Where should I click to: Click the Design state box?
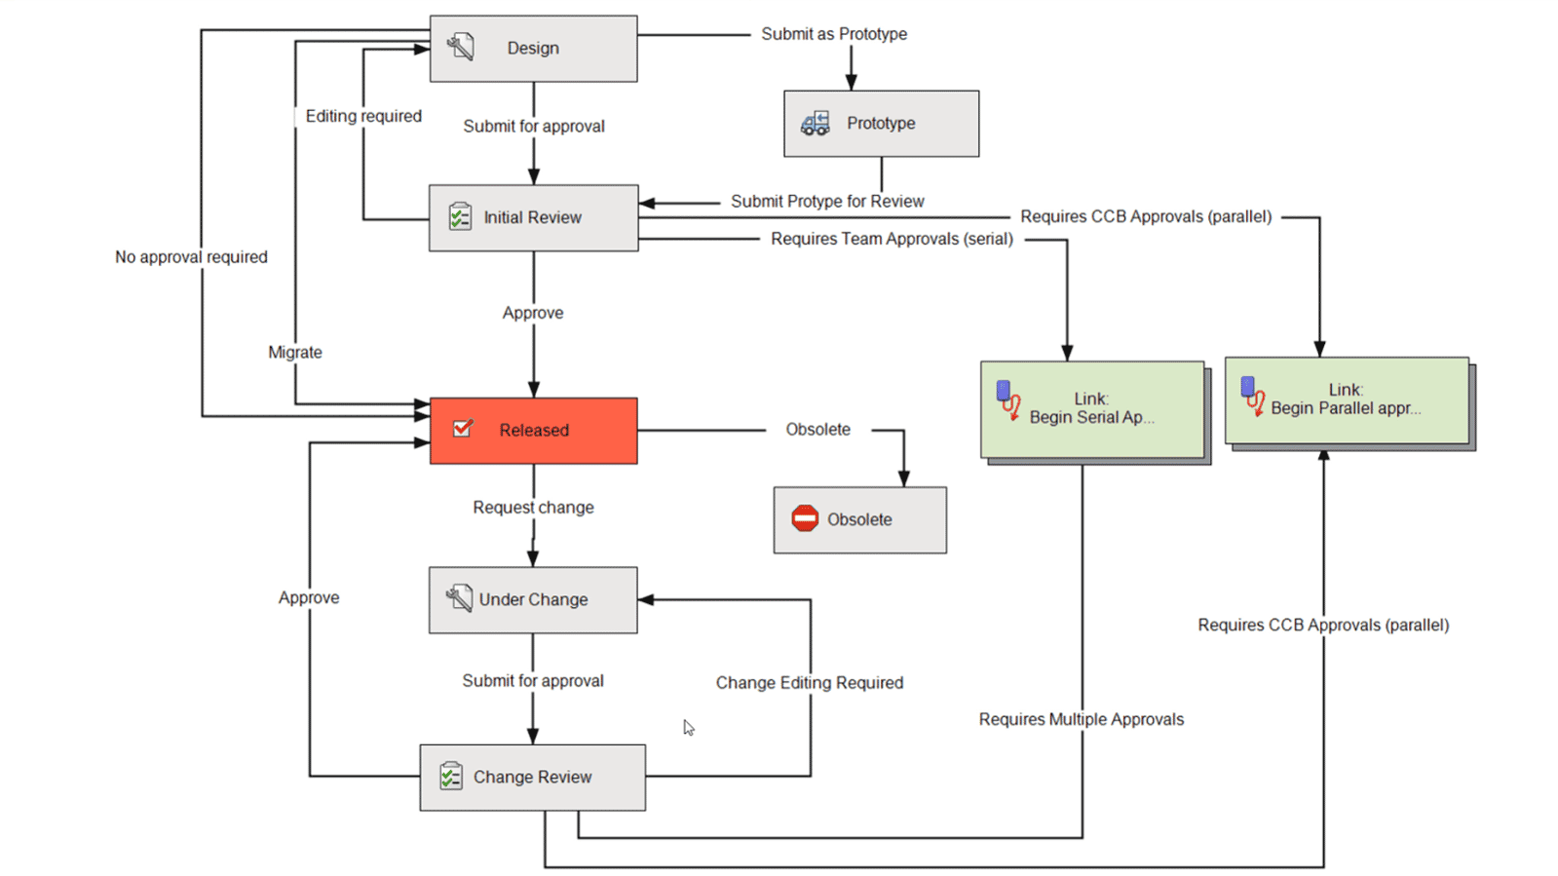pos(533,49)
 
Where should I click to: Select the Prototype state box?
pos(881,124)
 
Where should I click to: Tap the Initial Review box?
pos(533,218)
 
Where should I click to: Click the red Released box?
pos(533,431)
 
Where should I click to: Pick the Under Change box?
pos(533,600)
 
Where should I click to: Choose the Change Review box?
pos(532,778)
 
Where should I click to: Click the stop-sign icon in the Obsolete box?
pos(805,519)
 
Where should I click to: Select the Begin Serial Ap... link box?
pos(1091,409)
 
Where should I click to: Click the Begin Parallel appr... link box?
pos(1346,400)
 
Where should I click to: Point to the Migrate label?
pos(295,353)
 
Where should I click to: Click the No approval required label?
pos(191,257)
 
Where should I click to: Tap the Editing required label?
pos(363,116)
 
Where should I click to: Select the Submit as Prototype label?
pos(834,34)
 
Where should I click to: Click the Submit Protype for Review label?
pos(827,202)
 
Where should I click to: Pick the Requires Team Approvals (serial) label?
pos(892,239)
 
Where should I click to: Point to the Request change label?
pos(533,508)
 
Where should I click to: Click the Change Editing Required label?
pos(809,683)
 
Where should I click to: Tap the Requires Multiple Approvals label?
pos(1081,720)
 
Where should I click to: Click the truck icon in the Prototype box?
pos(815,124)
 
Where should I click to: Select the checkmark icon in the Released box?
pos(463,429)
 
